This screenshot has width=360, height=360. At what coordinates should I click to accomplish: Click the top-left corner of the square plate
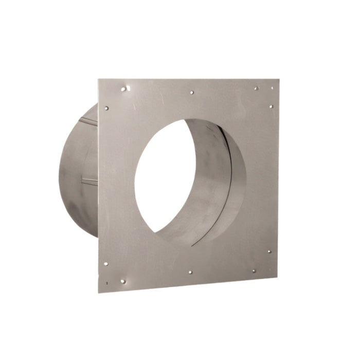click(x=99, y=79)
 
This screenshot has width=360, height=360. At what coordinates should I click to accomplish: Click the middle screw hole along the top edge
click(x=192, y=93)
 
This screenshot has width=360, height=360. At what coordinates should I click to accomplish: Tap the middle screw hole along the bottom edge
click(x=190, y=272)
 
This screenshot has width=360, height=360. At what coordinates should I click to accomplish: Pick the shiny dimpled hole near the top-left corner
click(x=123, y=89)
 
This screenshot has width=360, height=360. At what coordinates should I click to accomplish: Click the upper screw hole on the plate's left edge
click(x=106, y=109)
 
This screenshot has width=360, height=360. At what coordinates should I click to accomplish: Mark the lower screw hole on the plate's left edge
click(x=105, y=264)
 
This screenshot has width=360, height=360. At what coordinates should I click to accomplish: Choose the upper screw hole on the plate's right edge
click(x=271, y=107)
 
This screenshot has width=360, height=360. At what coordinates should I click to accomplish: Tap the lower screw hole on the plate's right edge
click(x=269, y=252)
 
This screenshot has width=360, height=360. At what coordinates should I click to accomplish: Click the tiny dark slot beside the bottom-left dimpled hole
click(x=107, y=282)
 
